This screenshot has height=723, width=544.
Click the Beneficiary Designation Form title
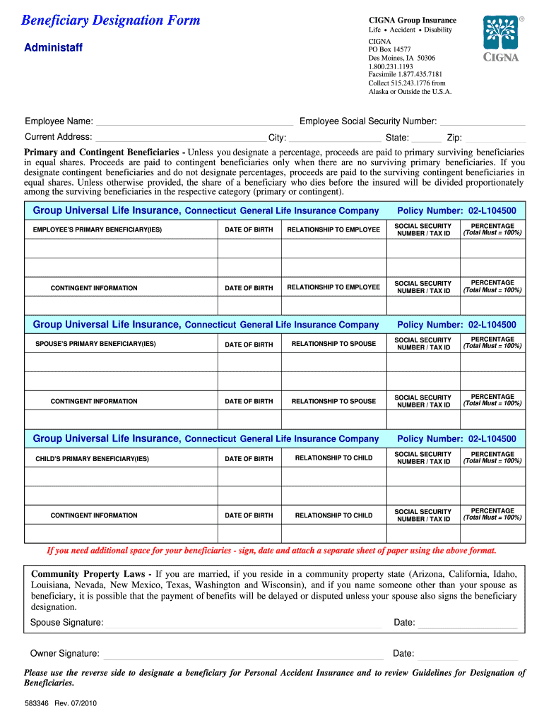pos(111,20)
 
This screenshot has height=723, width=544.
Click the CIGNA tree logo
pos(501,33)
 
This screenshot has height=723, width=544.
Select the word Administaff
pos(54,48)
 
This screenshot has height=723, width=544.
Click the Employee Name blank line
pos(194,122)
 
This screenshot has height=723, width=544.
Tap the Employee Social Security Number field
pos(483,122)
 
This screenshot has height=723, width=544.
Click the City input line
pos(335,138)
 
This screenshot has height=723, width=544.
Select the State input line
pos(426,138)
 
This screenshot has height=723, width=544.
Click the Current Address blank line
pos(181,138)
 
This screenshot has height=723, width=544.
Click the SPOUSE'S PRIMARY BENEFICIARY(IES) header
pos(95,344)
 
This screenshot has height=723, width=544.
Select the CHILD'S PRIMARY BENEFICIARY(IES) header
pos(93,459)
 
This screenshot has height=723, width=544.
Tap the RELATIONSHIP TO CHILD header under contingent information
pos(333,515)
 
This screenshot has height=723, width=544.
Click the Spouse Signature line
pos(243,623)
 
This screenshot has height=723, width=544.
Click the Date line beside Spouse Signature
pos(468,623)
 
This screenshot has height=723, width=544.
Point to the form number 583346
pos(37,704)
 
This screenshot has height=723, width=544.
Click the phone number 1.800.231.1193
pos(391,66)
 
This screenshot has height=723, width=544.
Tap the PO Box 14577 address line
pos(389,49)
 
